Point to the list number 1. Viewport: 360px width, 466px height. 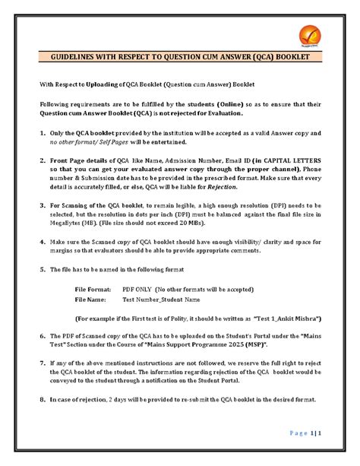[x=40, y=132]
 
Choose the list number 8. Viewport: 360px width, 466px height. [x=40, y=400]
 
